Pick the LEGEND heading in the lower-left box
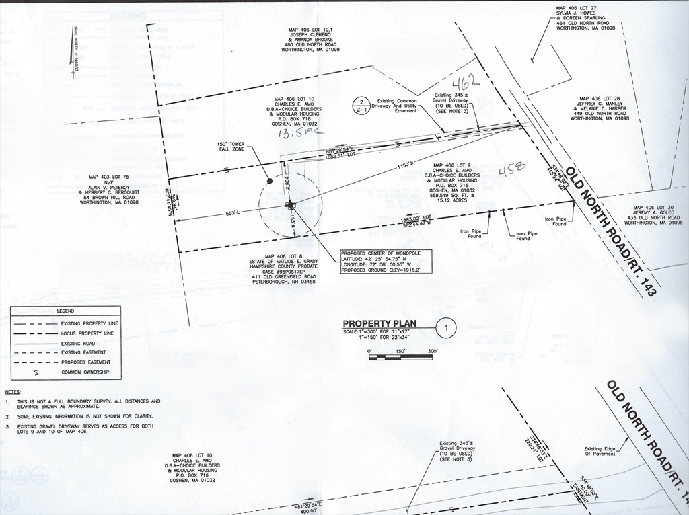click(x=65, y=311)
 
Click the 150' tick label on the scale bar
click(x=401, y=351)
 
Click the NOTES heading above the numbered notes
click(x=12, y=391)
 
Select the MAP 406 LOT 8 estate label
click(x=291, y=269)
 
